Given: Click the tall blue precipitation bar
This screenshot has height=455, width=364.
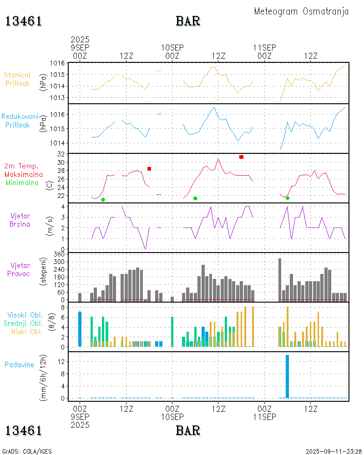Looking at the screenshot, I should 287,376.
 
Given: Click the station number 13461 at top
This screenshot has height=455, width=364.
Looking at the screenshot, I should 24,21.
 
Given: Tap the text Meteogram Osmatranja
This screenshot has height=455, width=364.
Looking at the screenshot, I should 301,11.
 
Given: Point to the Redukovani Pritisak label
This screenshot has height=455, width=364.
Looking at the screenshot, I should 19,121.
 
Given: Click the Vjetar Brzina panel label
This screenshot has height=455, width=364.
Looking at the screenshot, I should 21,220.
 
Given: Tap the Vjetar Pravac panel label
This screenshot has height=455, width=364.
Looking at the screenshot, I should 21,269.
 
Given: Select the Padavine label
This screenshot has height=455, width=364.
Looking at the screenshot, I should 20,364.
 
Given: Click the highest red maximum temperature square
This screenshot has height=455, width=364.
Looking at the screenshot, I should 241,157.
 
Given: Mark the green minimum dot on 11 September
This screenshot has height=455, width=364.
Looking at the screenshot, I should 288,198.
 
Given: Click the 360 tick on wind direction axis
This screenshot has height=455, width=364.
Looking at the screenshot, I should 60,254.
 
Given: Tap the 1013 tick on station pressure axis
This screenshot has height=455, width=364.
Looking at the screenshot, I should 58,98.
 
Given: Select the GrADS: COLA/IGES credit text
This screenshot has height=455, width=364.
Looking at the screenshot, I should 27,451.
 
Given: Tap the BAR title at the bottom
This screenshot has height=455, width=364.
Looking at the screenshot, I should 188,430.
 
